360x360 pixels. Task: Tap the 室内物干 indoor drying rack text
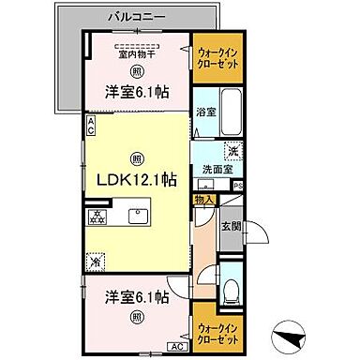point(136,54)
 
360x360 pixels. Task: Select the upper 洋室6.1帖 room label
point(137,93)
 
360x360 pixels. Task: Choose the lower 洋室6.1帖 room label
point(137,297)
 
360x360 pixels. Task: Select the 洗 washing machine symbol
point(230,150)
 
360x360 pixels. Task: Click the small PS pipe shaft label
point(239,186)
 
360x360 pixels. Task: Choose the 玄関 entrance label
point(231,226)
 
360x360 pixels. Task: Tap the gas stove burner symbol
point(97,217)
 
